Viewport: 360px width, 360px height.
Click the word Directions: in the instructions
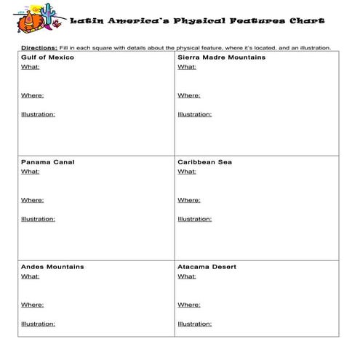click(x=37, y=48)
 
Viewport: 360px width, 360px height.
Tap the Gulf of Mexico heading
click(x=47, y=57)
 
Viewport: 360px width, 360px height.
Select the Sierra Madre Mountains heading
click(x=221, y=57)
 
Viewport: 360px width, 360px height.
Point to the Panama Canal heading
click(x=47, y=162)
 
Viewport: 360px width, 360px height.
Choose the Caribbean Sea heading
click(x=206, y=162)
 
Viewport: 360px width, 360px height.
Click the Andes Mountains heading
click(x=52, y=267)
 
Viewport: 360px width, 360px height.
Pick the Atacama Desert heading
click(x=207, y=267)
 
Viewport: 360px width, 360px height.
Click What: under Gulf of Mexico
click(x=30, y=66)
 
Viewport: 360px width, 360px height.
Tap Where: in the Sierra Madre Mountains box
click(x=188, y=95)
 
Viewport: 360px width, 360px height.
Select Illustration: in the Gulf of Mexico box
click(x=38, y=114)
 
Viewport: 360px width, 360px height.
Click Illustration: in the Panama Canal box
click(x=38, y=219)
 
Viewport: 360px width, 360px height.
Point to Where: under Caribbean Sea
click(x=188, y=200)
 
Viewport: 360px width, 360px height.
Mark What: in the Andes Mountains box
click(x=30, y=276)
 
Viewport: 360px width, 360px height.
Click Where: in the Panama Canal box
click(x=32, y=200)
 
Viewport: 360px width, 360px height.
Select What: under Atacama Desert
click(x=186, y=276)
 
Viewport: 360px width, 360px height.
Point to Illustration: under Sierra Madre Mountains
click(x=194, y=114)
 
